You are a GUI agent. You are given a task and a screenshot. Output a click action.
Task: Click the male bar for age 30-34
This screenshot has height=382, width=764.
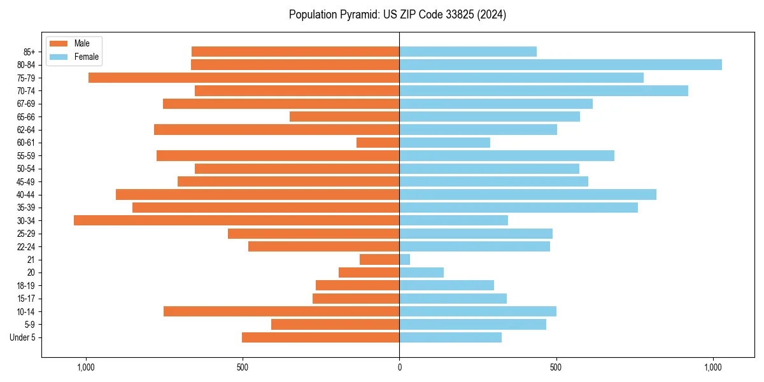click(236, 220)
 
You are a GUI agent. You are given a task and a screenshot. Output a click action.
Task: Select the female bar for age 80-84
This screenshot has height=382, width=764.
click(560, 64)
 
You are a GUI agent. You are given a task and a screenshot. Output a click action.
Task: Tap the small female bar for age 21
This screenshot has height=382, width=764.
click(405, 259)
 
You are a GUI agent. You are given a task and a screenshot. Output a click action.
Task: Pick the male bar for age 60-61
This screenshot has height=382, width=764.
click(378, 143)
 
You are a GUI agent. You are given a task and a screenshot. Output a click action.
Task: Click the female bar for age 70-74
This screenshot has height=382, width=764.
click(543, 90)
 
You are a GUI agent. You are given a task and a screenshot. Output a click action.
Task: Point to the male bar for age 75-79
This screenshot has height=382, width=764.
click(244, 78)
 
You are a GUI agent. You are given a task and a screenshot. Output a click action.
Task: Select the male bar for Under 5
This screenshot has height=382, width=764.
click(320, 337)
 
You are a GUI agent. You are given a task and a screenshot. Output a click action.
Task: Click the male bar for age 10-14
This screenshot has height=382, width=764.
click(281, 311)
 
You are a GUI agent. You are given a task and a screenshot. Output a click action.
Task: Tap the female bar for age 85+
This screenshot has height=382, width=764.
click(468, 52)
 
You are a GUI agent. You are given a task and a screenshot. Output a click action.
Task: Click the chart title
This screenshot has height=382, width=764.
click(397, 15)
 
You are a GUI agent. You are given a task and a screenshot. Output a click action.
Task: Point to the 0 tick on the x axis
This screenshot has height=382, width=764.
click(399, 367)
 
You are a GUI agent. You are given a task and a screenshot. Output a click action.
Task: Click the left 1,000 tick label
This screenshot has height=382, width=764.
click(85, 367)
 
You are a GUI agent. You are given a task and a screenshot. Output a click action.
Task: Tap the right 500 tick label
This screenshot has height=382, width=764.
click(556, 367)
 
